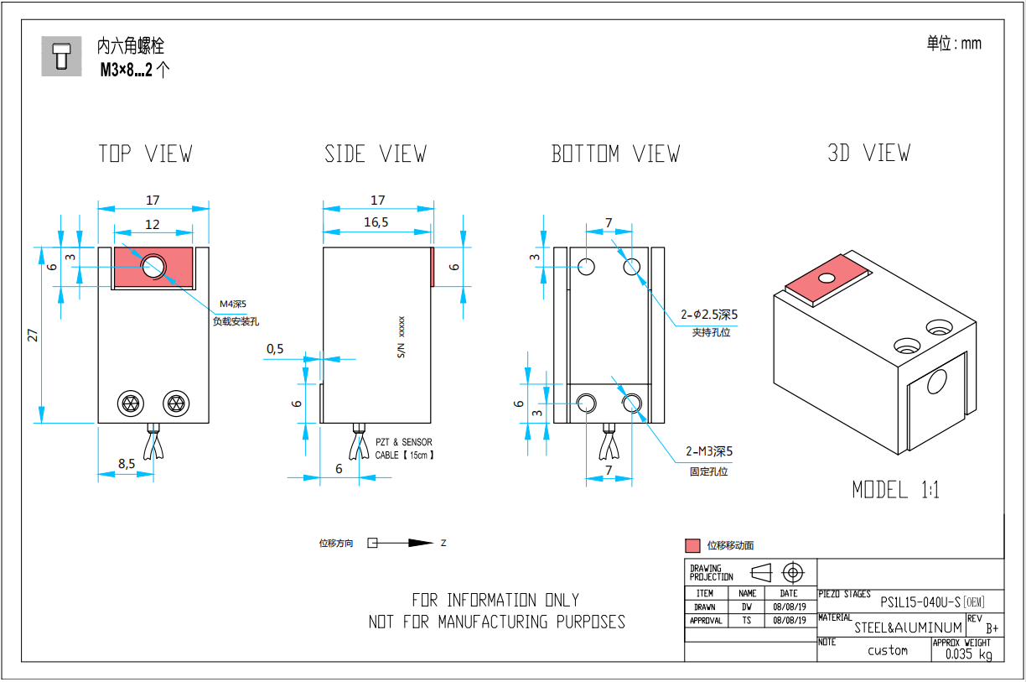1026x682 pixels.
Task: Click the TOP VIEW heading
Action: [145, 154]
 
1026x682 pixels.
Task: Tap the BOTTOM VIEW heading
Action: [615, 154]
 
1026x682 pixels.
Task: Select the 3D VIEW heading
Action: [868, 153]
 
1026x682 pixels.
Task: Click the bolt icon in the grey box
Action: [61, 56]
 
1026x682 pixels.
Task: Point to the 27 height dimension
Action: [33, 335]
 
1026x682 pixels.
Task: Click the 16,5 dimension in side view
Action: [376, 221]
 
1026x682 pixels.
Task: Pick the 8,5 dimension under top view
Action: [127, 463]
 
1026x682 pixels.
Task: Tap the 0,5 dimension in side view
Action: [275, 348]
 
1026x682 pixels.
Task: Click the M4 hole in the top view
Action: [153, 267]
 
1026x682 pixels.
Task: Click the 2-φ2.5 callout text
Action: [714, 315]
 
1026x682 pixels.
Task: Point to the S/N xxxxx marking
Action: [401, 337]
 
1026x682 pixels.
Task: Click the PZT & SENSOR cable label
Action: [404, 448]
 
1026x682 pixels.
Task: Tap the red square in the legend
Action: [692, 545]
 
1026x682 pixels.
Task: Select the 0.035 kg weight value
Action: [968, 654]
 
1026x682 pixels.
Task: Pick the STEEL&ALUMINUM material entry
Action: [908, 627]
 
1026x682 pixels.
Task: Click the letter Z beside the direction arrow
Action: [443, 543]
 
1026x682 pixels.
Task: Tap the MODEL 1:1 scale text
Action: [895, 489]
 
